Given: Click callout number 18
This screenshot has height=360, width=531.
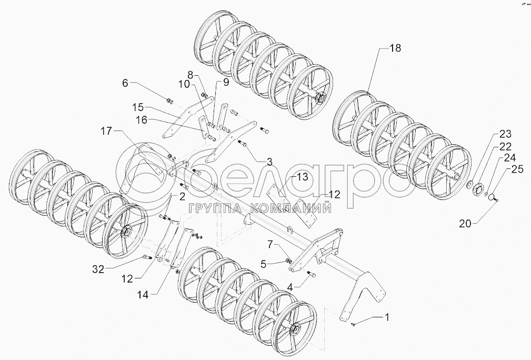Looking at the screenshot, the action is click(x=395, y=48).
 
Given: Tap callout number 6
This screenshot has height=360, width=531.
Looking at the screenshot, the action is click(x=125, y=83).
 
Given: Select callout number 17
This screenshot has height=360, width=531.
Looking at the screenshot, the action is click(x=106, y=131).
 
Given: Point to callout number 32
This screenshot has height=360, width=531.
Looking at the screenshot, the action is click(x=98, y=269).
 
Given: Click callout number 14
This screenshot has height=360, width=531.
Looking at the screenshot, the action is click(x=143, y=295).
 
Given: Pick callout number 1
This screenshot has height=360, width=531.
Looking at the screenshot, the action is click(x=386, y=317).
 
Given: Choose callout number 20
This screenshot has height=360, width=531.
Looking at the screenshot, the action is click(x=465, y=224).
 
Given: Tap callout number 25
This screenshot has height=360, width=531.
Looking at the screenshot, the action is click(x=517, y=169).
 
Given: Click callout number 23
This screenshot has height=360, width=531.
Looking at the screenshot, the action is click(x=505, y=134).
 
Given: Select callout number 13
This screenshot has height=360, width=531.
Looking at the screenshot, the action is click(x=302, y=177).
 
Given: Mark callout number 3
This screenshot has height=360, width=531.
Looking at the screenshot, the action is click(x=269, y=162).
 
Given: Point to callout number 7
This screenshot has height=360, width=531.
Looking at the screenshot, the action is click(x=270, y=244).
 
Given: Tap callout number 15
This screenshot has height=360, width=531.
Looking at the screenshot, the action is click(x=138, y=108).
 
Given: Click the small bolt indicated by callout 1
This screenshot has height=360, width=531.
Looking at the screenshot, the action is click(x=354, y=325).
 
